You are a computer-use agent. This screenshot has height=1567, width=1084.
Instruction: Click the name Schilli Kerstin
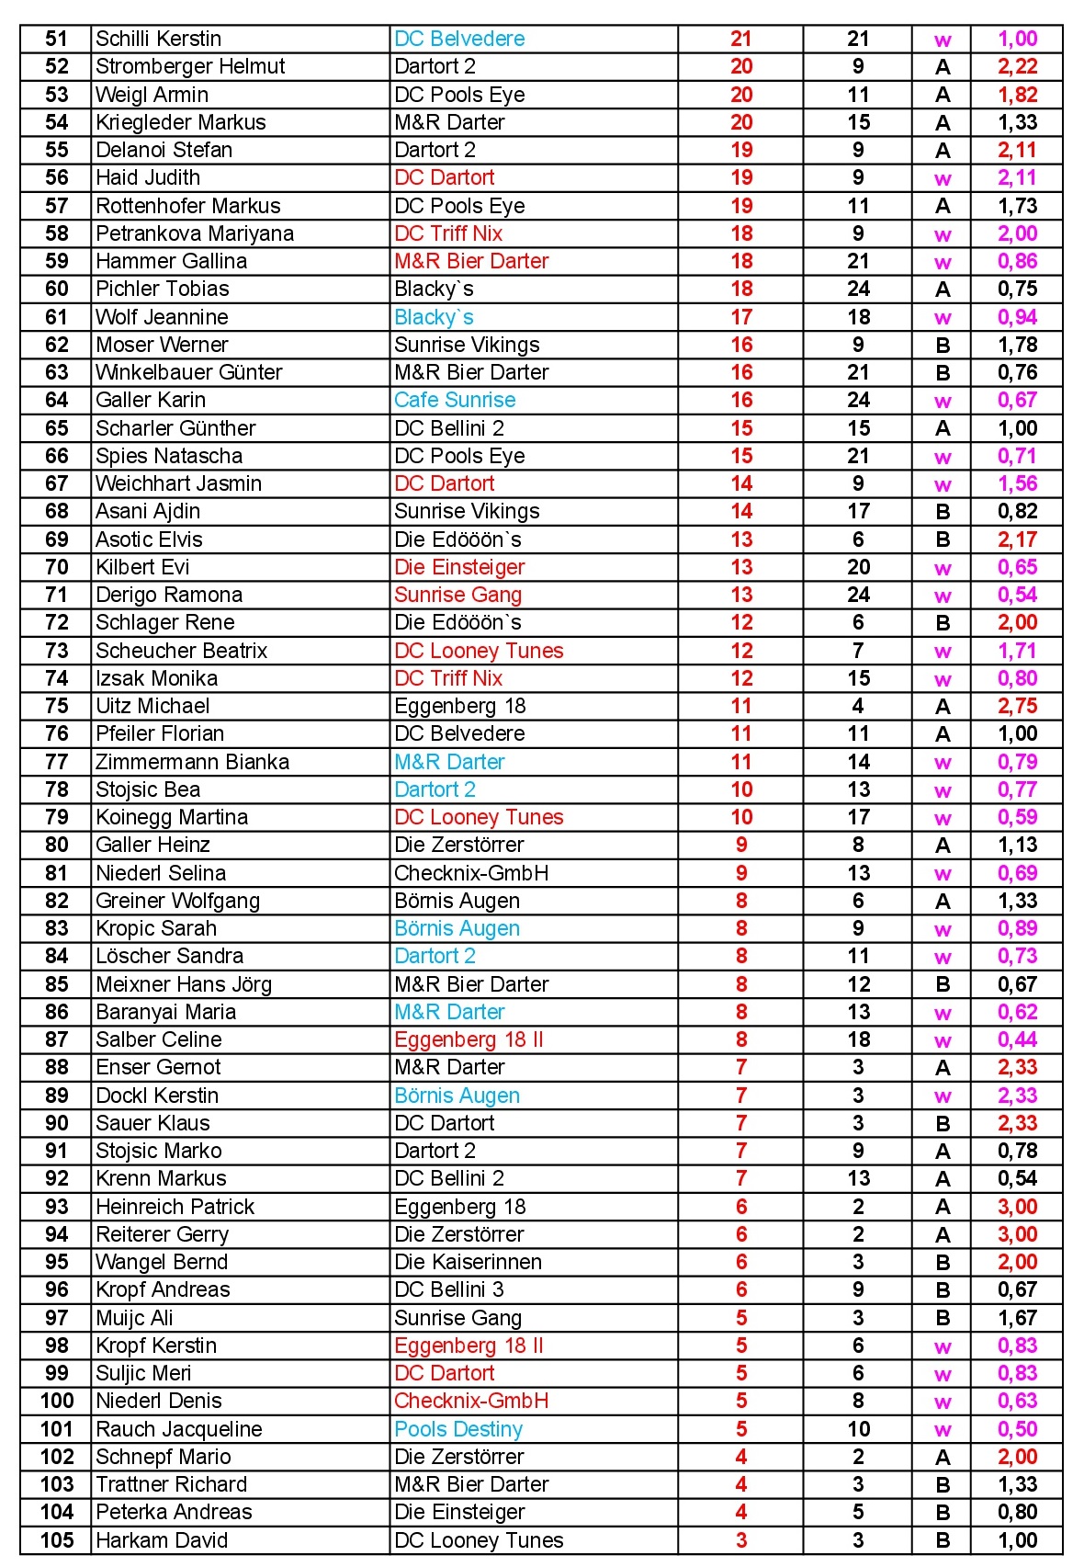click(x=158, y=39)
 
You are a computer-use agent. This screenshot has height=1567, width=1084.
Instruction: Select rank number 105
click(x=57, y=1539)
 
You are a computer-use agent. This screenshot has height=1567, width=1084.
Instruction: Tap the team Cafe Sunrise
click(x=455, y=400)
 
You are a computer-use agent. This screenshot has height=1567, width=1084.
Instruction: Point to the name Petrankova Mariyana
click(x=195, y=233)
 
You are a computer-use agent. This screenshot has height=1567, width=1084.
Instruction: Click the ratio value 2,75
click(x=1017, y=706)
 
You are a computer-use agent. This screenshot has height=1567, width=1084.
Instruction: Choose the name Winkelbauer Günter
click(x=189, y=372)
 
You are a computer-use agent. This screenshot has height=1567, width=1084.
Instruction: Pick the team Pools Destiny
click(x=458, y=1429)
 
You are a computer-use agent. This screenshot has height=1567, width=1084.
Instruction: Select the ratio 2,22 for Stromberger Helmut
click(x=1017, y=66)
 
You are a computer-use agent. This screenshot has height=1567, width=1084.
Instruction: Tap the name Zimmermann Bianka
click(x=192, y=762)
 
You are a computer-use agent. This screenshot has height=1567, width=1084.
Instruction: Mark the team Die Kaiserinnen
click(x=468, y=1262)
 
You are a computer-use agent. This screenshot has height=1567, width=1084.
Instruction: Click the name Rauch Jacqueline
click(x=179, y=1429)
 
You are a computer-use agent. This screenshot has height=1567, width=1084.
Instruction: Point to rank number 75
click(x=57, y=706)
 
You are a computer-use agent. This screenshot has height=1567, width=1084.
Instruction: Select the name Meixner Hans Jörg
click(x=184, y=984)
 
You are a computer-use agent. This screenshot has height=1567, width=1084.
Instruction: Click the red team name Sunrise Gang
click(x=457, y=595)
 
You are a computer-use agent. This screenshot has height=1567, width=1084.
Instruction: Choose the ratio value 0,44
click(x=1017, y=1039)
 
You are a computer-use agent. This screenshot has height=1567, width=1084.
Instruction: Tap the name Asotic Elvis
click(x=149, y=539)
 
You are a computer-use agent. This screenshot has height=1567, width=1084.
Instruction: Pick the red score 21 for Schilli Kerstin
click(x=741, y=39)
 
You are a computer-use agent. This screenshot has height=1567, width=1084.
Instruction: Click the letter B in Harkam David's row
click(x=943, y=1540)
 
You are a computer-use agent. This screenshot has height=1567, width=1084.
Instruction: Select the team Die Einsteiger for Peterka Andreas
click(x=459, y=1512)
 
